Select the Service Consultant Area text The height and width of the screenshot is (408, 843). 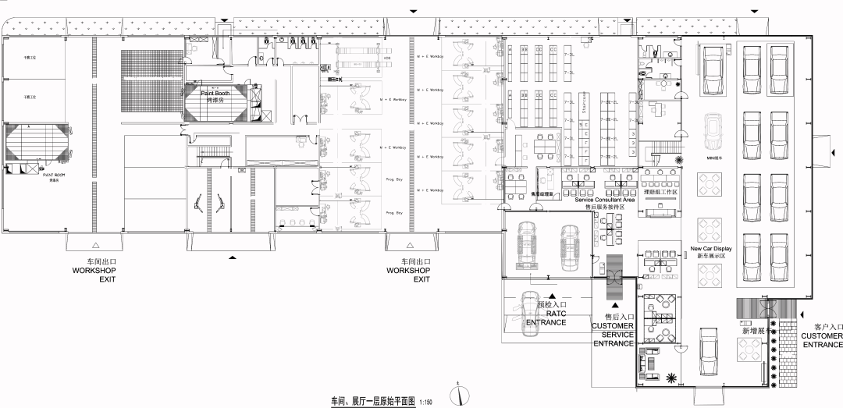(604, 200)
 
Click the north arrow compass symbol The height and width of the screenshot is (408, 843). (460, 394)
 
